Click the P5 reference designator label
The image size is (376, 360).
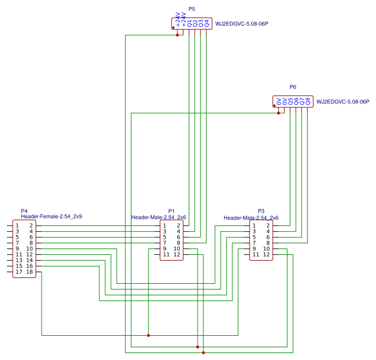pyautogui.click(x=192, y=9)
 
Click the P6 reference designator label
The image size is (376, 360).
pyautogui.click(x=293, y=87)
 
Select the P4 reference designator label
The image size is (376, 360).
pyautogui.click(x=24, y=211)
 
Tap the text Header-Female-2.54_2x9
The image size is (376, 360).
pyautogui.click(x=51, y=216)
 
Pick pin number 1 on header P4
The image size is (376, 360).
pyautogui.click(x=17, y=225)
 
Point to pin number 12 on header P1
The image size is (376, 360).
pyautogui.click(x=177, y=255)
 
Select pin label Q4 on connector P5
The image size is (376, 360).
pyautogui.click(x=206, y=24)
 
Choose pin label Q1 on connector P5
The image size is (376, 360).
pyautogui.click(x=189, y=24)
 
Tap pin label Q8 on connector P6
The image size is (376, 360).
pyautogui.click(x=307, y=101)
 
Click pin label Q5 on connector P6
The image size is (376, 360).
pyautogui.click(x=290, y=101)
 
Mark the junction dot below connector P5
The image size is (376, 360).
pyautogui.click(x=177, y=35)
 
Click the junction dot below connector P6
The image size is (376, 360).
pyautogui.click(x=278, y=113)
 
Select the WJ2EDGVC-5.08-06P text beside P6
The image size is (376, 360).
pyautogui.click(x=343, y=102)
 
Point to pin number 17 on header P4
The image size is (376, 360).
pyautogui.click(x=18, y=272)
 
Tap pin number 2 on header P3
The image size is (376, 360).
pyautogui.click(x=267, y=225)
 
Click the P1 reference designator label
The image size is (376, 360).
pyautogui.click(x=172, y=211)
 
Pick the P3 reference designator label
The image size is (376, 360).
pyautogui.click(x=261, y=211)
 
